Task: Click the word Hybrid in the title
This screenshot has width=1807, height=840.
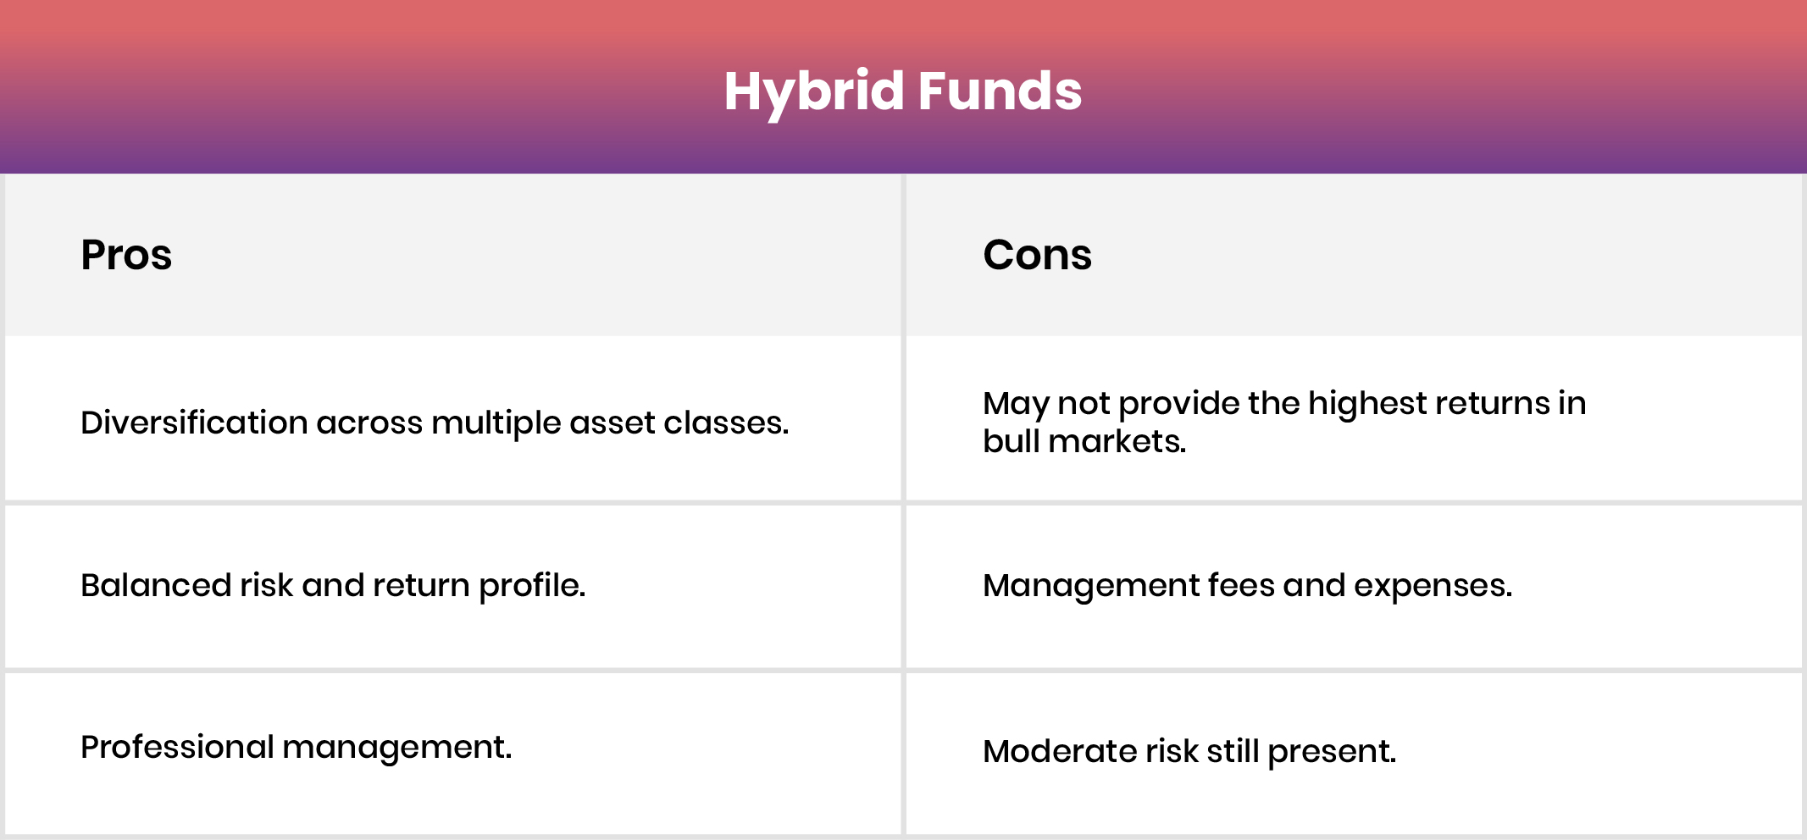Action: (x=813, y=91)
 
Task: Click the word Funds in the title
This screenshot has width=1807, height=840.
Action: (x=1000, y=91)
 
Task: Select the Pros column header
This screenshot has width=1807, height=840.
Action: (x=126, y=255)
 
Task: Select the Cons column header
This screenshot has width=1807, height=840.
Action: (x=1037, y=255)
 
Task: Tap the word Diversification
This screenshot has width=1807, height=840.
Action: (x=194, y=423)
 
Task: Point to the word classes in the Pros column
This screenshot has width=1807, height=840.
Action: (x=725, y=423)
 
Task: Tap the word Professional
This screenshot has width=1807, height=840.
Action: (x=177, y=747)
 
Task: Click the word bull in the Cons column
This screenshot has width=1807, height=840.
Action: (x=1011, y=441)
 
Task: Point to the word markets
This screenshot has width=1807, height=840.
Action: (x=1116, y=441)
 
